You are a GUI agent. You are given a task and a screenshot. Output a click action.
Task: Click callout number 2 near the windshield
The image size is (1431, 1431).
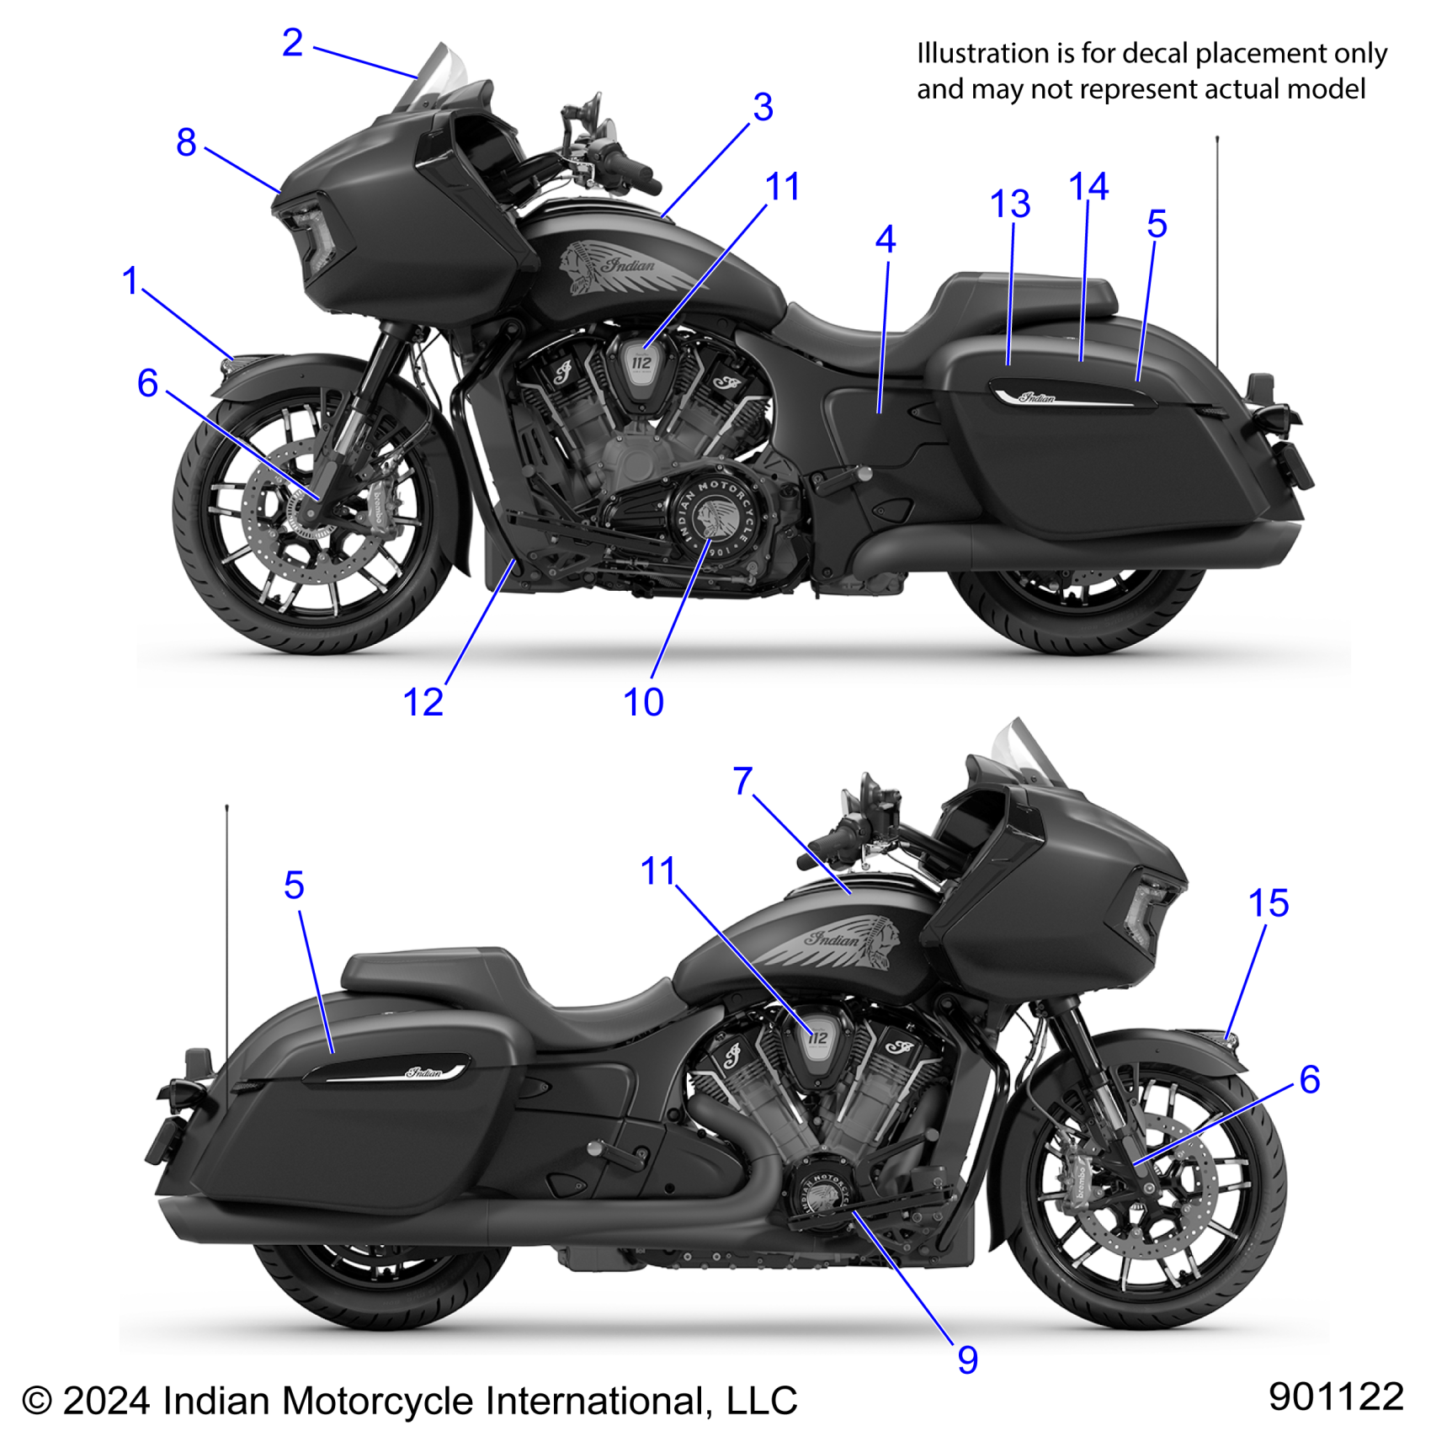[292, 43]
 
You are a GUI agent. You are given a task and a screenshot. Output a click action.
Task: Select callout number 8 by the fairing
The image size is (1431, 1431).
[186, 142]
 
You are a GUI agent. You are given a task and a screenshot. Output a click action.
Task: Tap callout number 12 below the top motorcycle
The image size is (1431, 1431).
[423, 703]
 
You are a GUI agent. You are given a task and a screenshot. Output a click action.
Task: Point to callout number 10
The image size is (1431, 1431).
[643, 703]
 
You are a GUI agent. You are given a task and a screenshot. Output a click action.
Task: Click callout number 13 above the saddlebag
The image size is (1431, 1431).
[1010, 205]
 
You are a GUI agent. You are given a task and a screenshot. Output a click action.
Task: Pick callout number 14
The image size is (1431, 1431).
[1088, 187]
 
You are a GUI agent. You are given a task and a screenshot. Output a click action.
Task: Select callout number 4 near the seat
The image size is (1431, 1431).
[885, 240]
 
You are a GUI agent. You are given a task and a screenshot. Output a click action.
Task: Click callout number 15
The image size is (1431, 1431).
[1269, 904]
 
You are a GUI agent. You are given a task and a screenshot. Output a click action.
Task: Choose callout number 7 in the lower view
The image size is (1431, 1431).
[742, 781]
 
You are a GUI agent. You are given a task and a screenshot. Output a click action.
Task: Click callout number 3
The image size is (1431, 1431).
[763, 108]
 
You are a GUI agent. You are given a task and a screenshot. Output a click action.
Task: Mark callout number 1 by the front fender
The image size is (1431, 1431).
[130, 281]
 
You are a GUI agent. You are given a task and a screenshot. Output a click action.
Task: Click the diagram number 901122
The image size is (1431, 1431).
[1336, 1396]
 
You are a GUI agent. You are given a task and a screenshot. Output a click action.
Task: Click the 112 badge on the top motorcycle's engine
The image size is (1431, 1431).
[641, 364]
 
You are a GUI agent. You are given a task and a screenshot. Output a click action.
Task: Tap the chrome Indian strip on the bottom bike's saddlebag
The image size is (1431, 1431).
[386, 1071]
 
